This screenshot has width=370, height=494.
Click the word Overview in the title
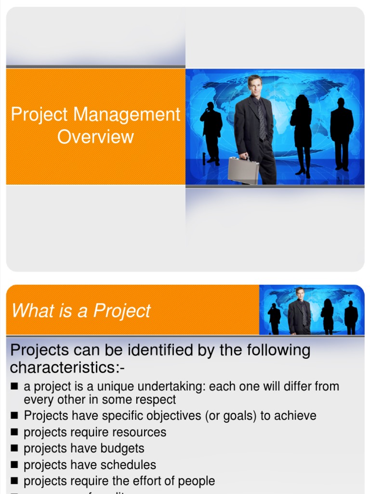point(95,137)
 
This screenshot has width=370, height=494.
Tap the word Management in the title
point(127,115)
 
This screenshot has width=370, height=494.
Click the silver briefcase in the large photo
point(243,170)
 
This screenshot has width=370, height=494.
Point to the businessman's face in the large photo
point(255,86)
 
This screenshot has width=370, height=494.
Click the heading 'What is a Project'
point(81,311)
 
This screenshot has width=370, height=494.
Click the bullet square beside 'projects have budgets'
point(14,449)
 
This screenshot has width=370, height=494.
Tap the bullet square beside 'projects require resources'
point(14,433)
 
